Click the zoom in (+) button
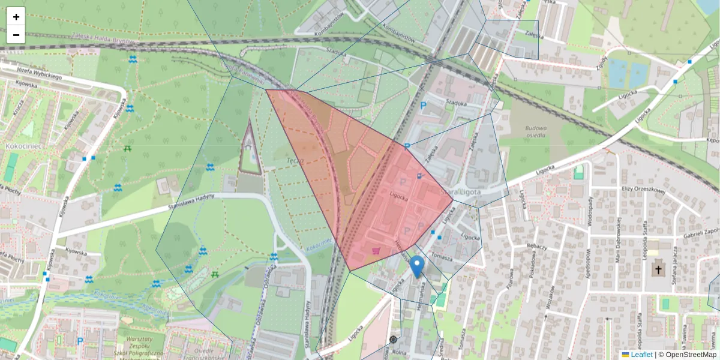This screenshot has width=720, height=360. tap(16, 17)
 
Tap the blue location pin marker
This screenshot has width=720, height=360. tap(416, 266)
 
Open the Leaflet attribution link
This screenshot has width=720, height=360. tap(641, 355)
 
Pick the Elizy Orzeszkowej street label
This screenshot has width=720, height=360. tap(643, 191)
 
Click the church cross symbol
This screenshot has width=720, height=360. tap(658, 270)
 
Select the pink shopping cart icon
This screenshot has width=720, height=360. tap(376, 251)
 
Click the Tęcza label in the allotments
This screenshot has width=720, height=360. tap(294, 161)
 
